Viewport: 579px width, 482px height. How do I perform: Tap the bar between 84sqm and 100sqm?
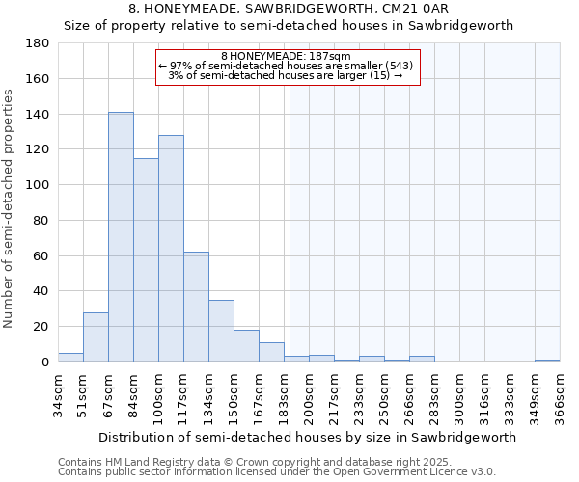146,260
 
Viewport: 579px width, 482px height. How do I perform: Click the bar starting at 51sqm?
96,336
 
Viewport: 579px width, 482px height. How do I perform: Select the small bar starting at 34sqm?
70,357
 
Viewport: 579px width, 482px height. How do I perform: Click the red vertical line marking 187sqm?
289,222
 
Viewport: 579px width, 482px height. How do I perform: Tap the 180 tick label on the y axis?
38,43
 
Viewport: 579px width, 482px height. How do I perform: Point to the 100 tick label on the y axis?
38,185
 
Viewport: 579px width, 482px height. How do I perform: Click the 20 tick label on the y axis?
41,327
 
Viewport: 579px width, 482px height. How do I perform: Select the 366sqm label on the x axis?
561,395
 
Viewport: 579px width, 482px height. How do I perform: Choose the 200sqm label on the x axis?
310,395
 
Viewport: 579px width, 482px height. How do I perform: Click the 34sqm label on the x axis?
59,395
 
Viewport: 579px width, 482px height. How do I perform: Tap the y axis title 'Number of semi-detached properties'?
10,207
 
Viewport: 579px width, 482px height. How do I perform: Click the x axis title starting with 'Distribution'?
307,437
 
